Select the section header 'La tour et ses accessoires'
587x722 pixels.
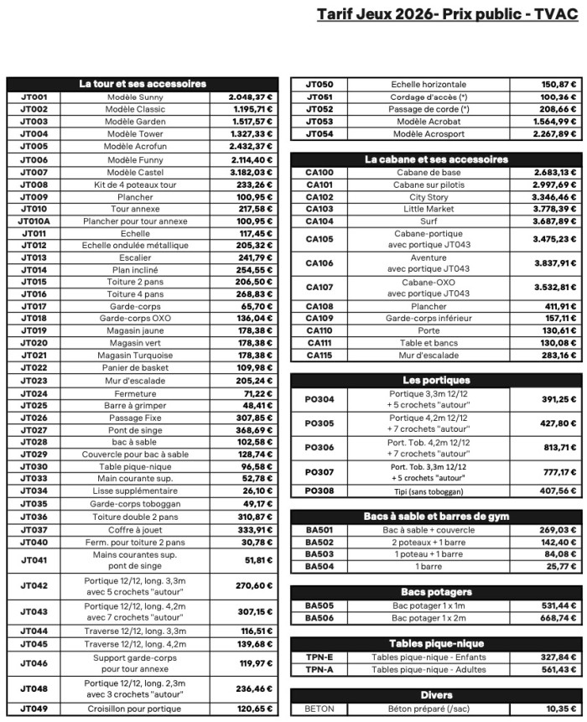click(142, 84)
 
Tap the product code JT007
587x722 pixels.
click(34, 172)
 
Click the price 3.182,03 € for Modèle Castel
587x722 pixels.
click(250, 172)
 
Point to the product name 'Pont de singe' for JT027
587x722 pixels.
click(135, 429)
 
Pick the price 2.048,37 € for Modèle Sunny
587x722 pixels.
click(250, 97)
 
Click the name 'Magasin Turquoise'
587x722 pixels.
click(135, 355)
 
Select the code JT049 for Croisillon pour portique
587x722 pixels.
click(34, 709)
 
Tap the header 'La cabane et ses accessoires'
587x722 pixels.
click(435, 159)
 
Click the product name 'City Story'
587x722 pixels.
click(429, 197)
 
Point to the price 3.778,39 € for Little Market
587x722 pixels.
click(555, 209)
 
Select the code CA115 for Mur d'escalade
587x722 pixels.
click(319, 356)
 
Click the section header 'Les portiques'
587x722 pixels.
click(435, 380)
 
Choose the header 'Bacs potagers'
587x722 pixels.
click(435, 592)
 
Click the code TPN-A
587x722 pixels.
click(319, 670)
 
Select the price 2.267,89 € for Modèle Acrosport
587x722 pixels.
click(555, 134)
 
